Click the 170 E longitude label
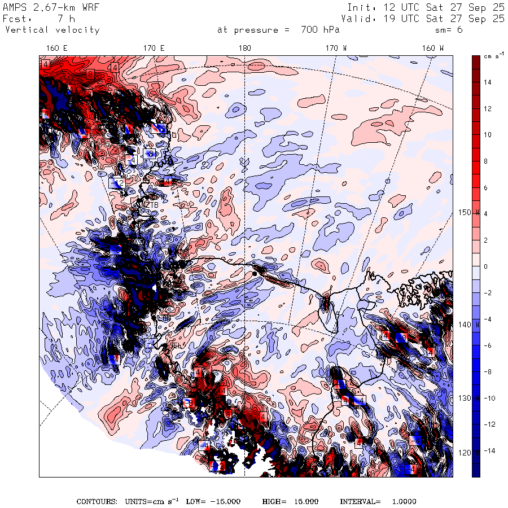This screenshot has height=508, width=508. pyautogui.click(x=154, y=49)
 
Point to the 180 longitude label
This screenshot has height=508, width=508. pyautogui.click(x=245, y=49)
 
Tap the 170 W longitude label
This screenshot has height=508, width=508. pyautogui.click(x=336, y=49)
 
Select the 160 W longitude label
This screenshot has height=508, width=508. pyautogui.click(x=433, y=49)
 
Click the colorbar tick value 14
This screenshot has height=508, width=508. pyautogui.click(x=488, y=82)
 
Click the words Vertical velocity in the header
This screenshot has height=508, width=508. pyautogui.click(x=52, y=30)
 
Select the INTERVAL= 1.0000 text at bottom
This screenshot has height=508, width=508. pyautogui.click(x=378, y=501)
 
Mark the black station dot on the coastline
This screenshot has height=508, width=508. pyautogui.click(x=255, y=273)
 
